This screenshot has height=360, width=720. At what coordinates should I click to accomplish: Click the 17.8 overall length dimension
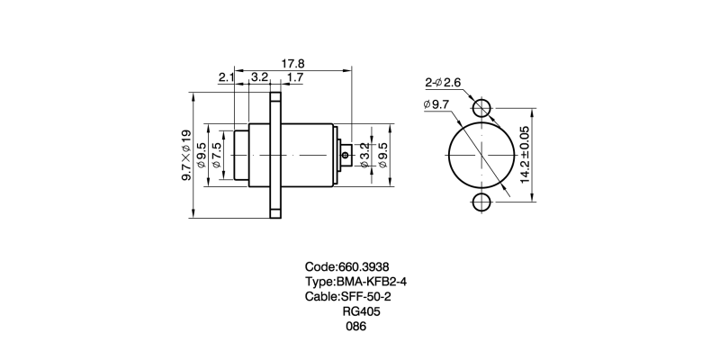coord(292,64)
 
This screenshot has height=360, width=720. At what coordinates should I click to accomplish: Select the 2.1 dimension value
coord(225,78)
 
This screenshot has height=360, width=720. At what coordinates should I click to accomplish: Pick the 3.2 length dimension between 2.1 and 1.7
coord(260,78)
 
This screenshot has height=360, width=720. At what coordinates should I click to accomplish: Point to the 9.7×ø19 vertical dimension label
coord(186,155)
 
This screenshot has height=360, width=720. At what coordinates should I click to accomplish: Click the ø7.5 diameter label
coord(216,155)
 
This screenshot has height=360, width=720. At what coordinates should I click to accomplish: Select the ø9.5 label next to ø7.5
coord(202,155)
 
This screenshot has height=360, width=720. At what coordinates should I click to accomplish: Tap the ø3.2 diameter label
coord(364,155)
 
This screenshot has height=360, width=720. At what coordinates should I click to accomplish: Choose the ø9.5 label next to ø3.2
coord(382,155)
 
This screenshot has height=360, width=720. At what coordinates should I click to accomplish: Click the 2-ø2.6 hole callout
coord(443,83)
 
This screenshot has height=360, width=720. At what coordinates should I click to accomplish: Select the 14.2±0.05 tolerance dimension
coord(524,155)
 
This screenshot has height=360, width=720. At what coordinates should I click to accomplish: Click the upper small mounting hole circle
coord(483,108)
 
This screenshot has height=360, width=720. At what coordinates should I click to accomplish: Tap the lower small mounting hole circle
coord(483,202)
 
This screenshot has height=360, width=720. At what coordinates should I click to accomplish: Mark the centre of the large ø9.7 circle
coord(483,155)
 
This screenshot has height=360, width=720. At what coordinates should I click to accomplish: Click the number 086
coord(356,327)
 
